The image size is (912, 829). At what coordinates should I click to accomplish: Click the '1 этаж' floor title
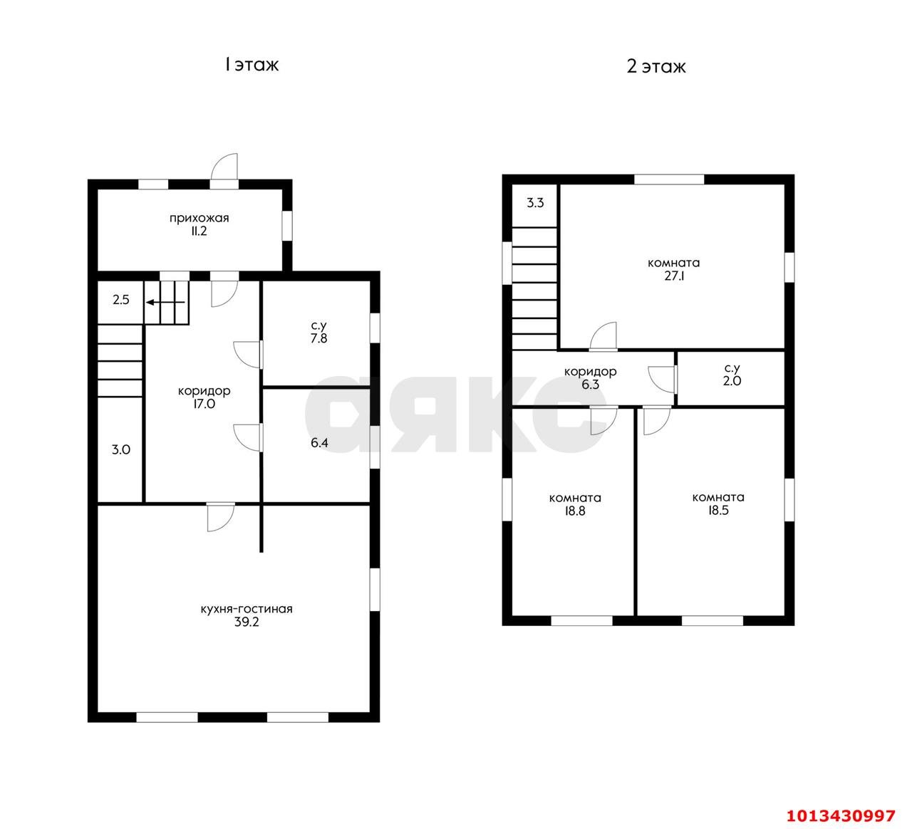(x=252, y=65)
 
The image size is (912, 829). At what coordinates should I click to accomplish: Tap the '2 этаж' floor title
(x=656, y=67)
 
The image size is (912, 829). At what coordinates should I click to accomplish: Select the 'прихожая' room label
(x=199, y=218)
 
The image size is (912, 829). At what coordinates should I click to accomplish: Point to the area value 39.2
(x=247, y=622)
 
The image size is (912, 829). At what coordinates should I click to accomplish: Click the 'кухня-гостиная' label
(x=247, y=609)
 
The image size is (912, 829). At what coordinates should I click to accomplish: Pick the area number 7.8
(x=318, y=338)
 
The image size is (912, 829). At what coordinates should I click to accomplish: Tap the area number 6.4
(x=319, y=443)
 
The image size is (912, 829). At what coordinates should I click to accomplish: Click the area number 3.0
(x=121, y=450)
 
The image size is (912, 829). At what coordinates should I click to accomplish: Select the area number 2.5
(x=121, y=300)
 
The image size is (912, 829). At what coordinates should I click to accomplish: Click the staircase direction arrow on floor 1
(x=165, y=302)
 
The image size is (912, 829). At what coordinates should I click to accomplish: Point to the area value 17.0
(x=204, y=404)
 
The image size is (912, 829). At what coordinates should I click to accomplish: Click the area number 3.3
(x=535, y=203)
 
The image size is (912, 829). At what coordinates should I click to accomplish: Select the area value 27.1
(x=674, y=276)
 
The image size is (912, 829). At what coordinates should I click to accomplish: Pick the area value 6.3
(x=590, y=385)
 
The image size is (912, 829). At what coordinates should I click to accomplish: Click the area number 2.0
(x=732, y=381)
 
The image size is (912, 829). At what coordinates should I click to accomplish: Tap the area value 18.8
(x=575, y=511)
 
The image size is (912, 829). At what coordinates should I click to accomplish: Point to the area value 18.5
(x=718, y=510)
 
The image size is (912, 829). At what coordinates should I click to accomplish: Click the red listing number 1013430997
(x=841, y=815)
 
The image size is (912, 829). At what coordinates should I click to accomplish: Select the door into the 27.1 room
(x=603, y=336)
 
